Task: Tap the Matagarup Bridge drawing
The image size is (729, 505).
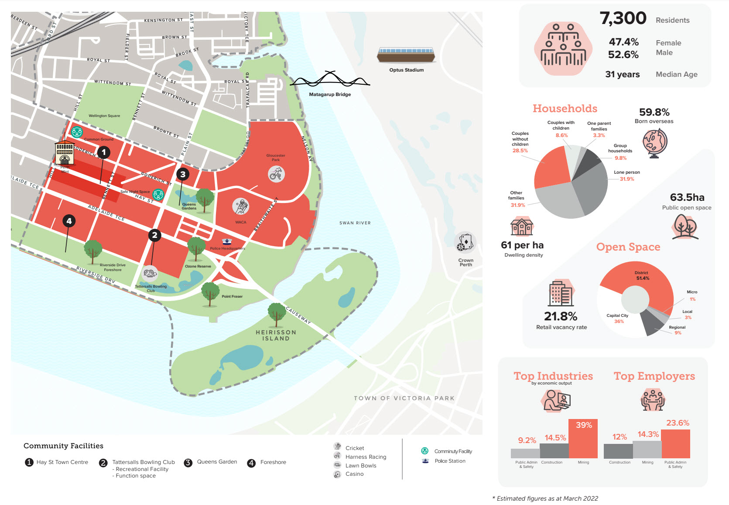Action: pos(330,80)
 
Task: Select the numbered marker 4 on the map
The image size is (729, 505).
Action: pos(69,221)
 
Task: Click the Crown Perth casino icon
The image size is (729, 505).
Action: pos(465,243)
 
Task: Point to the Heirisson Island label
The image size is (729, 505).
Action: pos(276,335)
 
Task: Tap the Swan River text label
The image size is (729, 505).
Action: pos(355,223)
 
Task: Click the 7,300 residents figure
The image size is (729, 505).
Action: pos(623,18)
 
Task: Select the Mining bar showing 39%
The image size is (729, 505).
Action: pos(583,439)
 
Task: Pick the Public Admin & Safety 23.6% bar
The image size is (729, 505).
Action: pos(675,444)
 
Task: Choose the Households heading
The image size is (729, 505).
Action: pos(565,109)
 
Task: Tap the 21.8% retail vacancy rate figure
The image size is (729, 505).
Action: pos(560,316)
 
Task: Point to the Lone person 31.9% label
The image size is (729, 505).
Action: pos(626,175)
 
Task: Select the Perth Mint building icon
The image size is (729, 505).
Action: pos(65,153)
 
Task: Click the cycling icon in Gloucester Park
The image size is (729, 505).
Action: pos(276,175)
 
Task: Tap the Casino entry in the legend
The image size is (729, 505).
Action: pos(354,474)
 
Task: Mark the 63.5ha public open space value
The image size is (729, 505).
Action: pos(687,197)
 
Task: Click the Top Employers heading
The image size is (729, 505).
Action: pos(654,376)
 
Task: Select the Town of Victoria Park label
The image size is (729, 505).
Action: pos(404,398)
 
